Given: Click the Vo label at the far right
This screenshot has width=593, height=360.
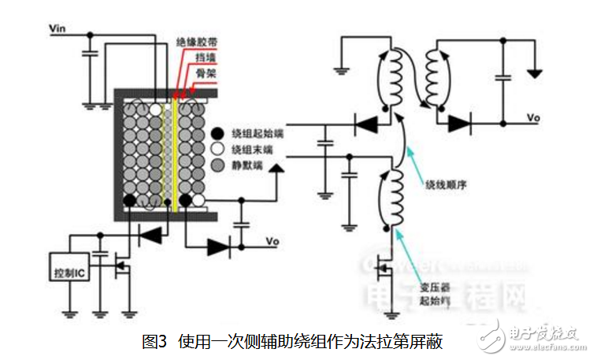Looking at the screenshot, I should coord(533,118).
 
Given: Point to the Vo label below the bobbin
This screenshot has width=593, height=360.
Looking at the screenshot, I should coord(273,240).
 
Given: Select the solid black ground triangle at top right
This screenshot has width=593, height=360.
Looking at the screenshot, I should coord(536,73).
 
